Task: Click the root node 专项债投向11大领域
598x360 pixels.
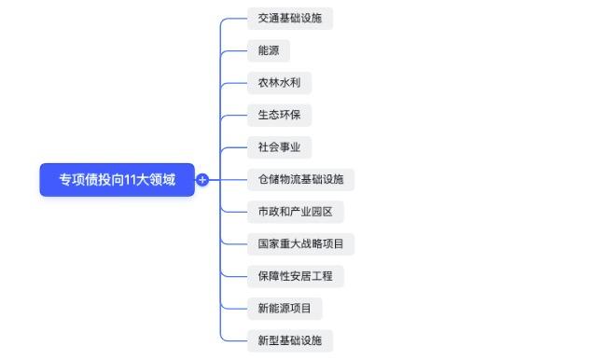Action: click(117, 179)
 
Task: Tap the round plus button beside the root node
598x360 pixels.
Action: click(202, 180)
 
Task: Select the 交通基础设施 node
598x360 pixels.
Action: click(289, 19)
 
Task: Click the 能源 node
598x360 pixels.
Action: click(268, 50)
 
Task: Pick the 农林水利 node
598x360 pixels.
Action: click(279, 83)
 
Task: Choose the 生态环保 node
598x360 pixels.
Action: click(279, 115)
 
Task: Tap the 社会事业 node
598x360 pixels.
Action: click(279, 147)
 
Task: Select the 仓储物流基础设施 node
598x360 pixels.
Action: click(300, 179)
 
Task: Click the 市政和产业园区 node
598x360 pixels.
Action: click(295, 212)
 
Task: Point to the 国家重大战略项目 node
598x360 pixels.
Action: click(300, 244)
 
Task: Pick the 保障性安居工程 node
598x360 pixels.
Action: click(295, 276)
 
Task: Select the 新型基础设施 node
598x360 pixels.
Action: click(289, 340)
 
